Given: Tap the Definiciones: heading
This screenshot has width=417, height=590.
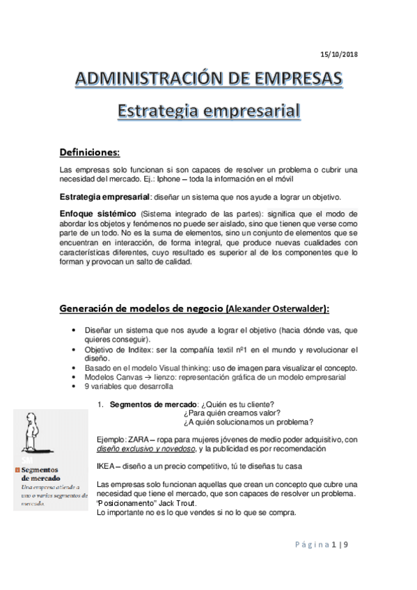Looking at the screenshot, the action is point(90,152).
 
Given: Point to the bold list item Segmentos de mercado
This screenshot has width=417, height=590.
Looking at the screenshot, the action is point(153,404).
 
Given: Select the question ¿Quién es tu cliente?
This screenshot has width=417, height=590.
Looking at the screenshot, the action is point(236,404).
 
